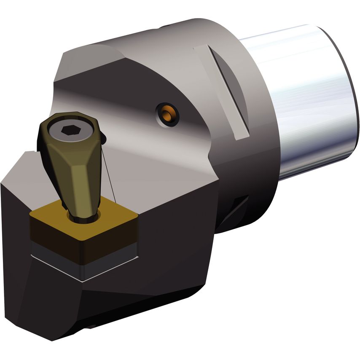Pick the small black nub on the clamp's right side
(x=103, y=138)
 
